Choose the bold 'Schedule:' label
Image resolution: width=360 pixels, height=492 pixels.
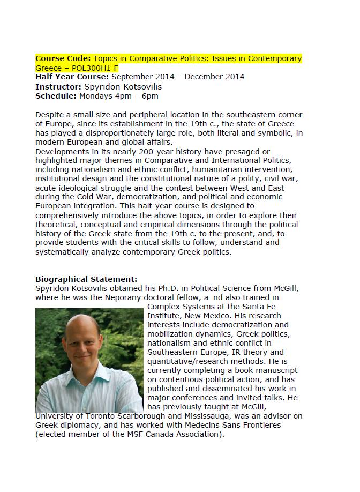point(56,96)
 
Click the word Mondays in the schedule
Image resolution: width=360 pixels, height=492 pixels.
point(96,96)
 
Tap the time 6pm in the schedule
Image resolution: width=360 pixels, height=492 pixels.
point(149,96)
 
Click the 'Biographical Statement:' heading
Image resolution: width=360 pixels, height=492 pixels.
point(86,279)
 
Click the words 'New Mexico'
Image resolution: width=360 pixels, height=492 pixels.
point(207,316)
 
